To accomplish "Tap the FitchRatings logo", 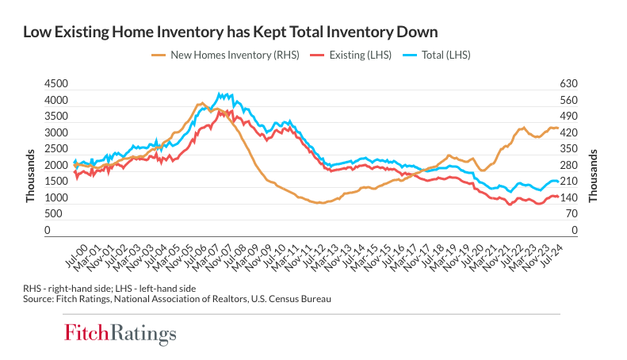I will click(x=120, y=332).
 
